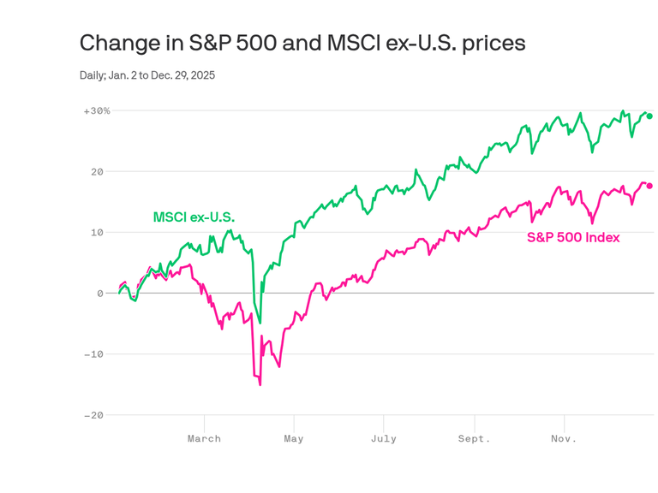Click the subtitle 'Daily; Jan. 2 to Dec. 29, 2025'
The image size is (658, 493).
(147, 75)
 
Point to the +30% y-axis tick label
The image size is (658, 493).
(97, 111)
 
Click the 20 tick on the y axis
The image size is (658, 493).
(97, 172)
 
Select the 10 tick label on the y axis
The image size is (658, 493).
(97, 233)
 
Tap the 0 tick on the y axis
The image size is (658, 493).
(99, 294)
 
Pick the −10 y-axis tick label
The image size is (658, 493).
(93, 354)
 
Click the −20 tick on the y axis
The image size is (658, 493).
(93, 415)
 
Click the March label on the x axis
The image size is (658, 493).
(204, 439)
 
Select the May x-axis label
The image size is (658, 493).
(294, 439)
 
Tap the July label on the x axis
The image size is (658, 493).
(384, 439)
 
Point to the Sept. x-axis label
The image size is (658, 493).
(474, 439)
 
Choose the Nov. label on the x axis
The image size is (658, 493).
(563, 439)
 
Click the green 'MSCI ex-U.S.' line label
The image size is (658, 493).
(194, 217)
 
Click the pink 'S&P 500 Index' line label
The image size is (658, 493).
(572, 237)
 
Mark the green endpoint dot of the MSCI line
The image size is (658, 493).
(649, 116)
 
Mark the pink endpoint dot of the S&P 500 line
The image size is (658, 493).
(649, 186)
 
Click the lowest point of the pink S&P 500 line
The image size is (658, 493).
(260, 384)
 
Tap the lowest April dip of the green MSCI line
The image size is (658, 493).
(260, 323)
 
